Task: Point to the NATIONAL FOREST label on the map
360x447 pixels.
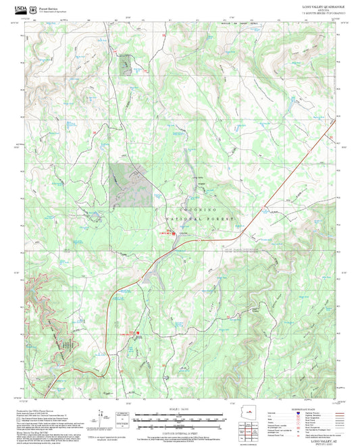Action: [x=200, y=219]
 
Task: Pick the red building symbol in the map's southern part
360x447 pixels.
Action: [x=138, y=332]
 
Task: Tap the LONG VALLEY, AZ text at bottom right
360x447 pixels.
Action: [x=322, y=440]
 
